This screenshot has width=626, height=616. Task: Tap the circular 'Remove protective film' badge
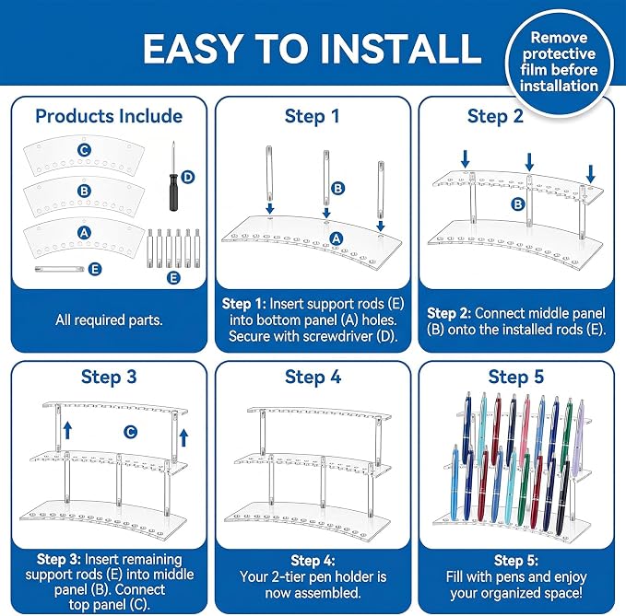click(559, 63)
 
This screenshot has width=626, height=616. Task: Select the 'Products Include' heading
click(109, 116)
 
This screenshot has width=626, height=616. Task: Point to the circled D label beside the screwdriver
click(188, 177)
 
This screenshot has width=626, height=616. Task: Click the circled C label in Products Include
click(84, 150)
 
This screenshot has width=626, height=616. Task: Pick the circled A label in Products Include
click(84, 232)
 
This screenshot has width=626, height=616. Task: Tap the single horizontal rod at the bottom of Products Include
click(60, 269)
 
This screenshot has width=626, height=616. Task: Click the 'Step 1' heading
click(313, 116)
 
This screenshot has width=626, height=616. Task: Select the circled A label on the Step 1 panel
click(337, 238)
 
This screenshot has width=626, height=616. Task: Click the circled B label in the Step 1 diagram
click(337, 188)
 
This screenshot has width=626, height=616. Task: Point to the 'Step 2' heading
click(495, 116)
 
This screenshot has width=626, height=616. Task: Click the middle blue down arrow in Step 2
click(529, 162)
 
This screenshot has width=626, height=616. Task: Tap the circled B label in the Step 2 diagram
click(518, 204)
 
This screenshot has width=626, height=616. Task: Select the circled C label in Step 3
click(130, 432)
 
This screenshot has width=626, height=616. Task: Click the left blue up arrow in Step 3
click(68, 431)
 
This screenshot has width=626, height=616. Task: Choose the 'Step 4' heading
click(313, 377)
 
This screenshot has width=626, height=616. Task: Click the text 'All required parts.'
click(109, 320)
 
